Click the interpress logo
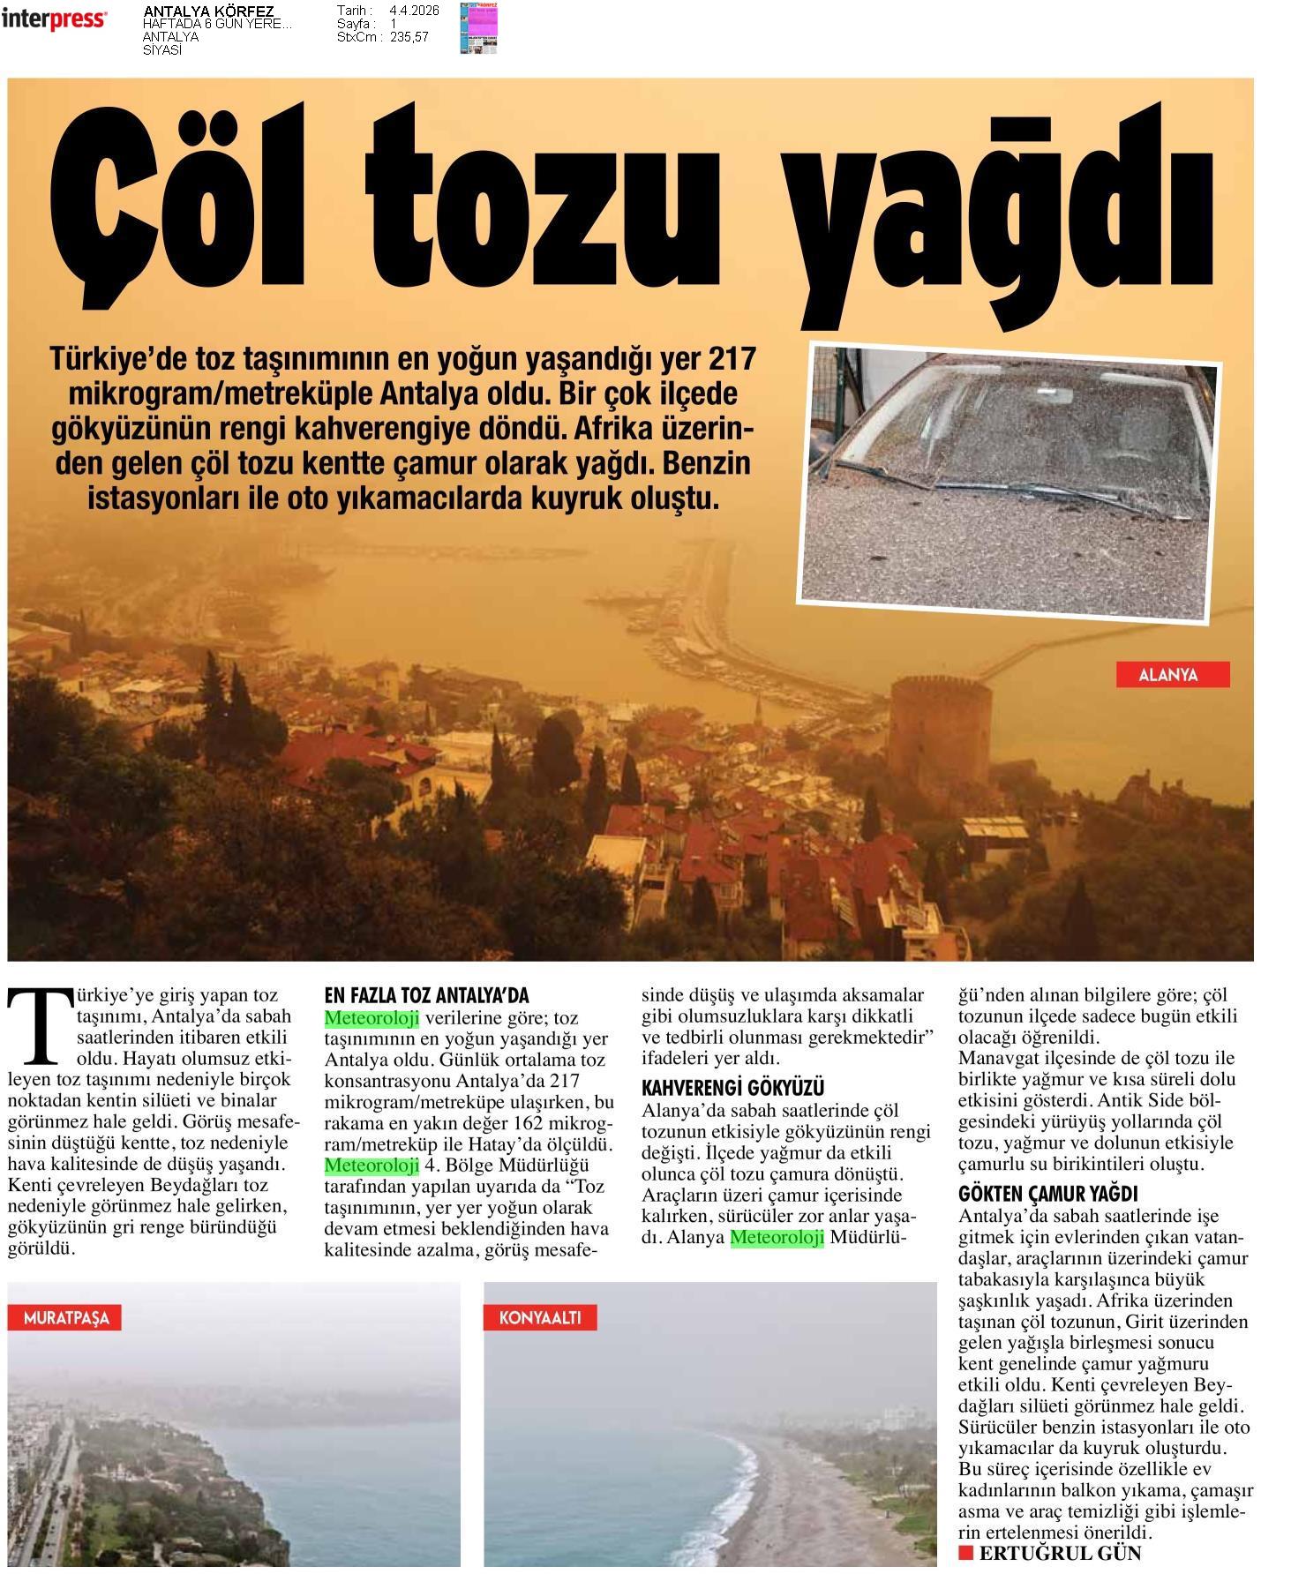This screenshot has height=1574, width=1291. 54,19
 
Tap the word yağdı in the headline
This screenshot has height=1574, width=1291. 1002,212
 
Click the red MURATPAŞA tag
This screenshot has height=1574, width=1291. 65,1318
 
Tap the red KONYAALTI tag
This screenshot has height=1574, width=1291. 539,1318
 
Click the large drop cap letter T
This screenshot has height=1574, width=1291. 40,1024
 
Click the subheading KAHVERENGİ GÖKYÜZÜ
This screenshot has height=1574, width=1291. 732,1088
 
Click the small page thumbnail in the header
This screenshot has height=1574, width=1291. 478,28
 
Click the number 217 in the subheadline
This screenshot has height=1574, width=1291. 732,359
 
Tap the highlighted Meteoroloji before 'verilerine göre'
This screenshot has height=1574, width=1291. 371,1018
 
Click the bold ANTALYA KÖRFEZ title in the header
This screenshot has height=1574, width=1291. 208,11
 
